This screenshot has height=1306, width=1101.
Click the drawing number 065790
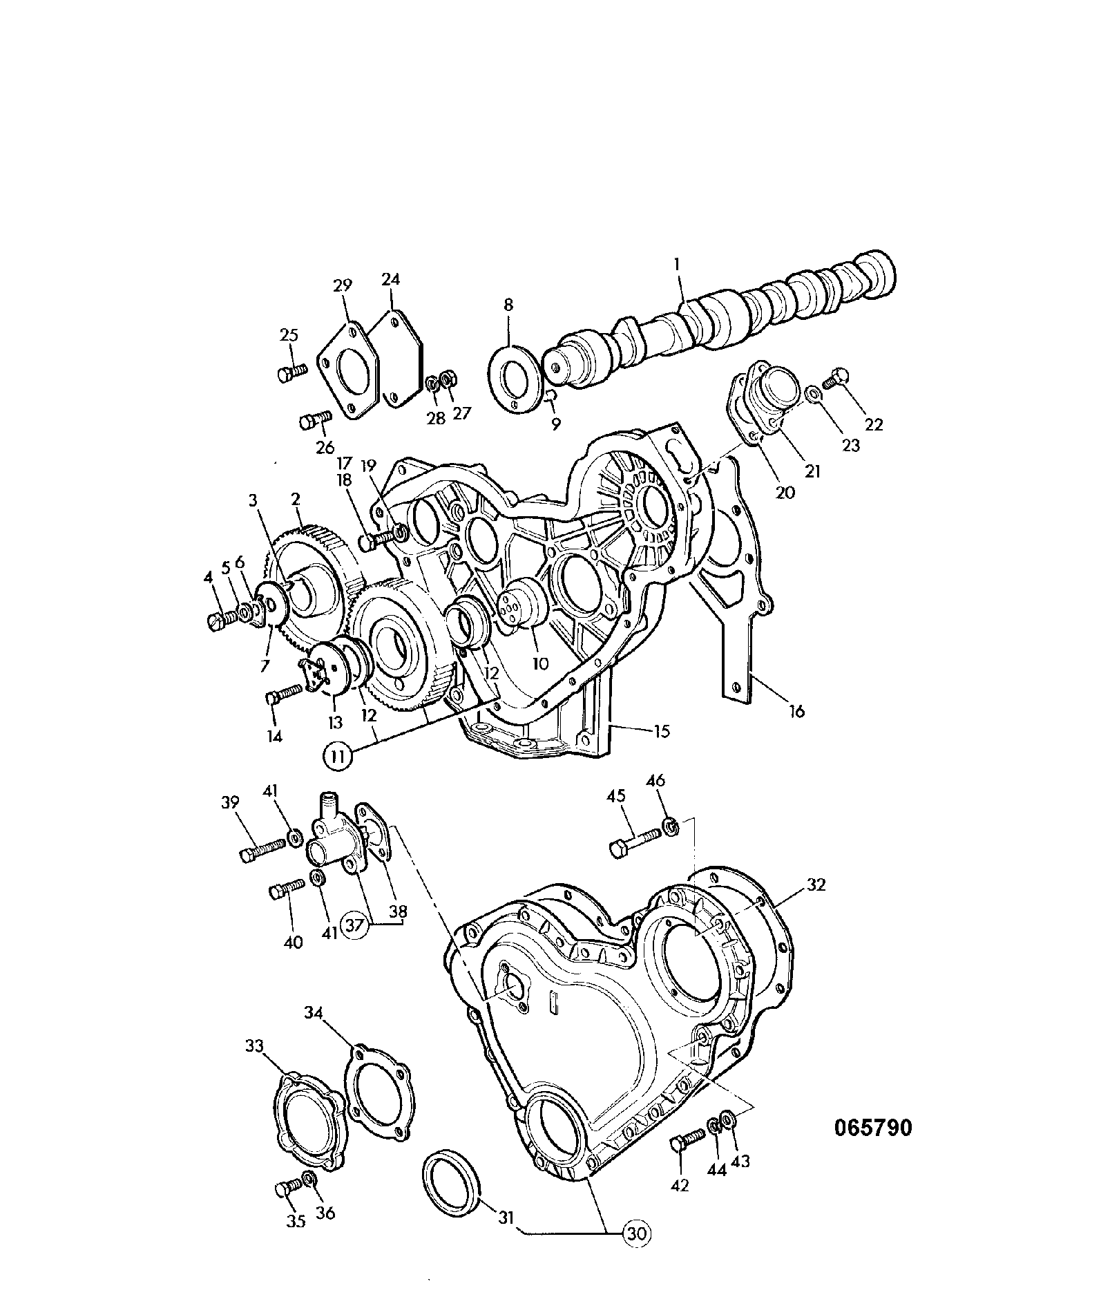[873, 1128]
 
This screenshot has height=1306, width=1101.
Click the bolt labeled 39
[262, 849]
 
